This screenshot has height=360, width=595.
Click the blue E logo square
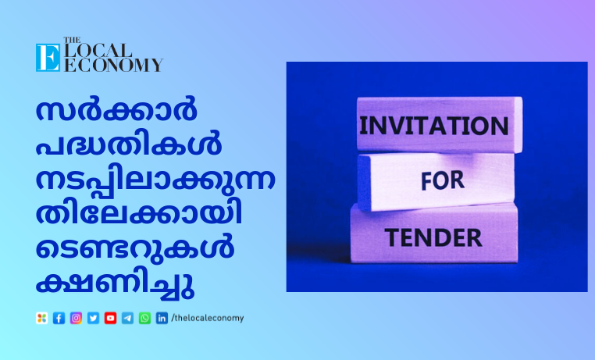(x=48, y=58)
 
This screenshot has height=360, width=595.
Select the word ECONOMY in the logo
(x=113, y=66)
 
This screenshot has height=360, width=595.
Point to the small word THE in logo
(x=72, y=40)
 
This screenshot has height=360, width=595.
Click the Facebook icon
(x=59, y=318)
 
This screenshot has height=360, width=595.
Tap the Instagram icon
(x=76, y=318)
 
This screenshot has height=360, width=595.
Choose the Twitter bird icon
(x=94, y=318)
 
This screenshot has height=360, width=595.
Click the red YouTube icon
(x=110, y=318)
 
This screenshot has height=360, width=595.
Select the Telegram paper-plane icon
(x=127, y=318)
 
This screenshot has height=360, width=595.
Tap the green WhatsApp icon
(x=144, y=318)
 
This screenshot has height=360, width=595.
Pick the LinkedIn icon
(x=162, y=318)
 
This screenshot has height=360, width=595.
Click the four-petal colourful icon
(x=41, y=318)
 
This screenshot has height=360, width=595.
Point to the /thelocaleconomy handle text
(x=208, y=318)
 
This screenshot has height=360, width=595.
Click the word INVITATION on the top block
(x=433, y=126)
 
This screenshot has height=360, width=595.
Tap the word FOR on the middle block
(x=443, y=180)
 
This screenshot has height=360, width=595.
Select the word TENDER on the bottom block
(x=433, y=238)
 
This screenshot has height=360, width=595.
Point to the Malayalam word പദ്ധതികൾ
(x=129, y=144)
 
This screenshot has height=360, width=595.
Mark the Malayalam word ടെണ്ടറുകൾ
(x=135, y=248)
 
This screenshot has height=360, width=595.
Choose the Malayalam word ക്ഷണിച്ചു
(x=115, y=285)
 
